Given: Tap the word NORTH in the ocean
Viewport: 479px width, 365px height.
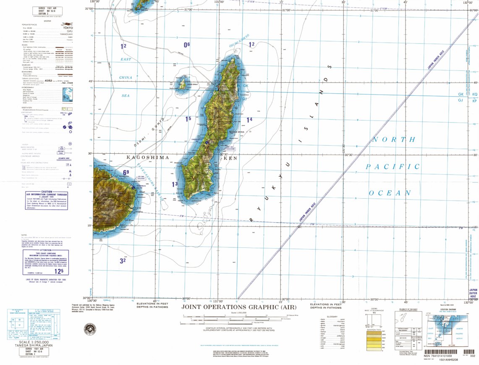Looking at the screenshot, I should (x=394, y=140).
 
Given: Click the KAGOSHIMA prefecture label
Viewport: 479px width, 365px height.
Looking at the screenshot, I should (x=148, y=158).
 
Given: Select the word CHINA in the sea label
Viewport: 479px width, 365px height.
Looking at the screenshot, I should (x=125, y=78).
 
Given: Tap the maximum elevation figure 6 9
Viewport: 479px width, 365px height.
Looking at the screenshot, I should (x=126, y=172).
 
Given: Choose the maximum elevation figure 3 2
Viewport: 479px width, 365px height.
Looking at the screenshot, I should (x=123, y=261).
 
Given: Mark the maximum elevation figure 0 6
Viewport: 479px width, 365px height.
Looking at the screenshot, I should (x=187, y=45).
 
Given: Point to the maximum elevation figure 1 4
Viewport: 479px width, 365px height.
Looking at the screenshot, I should (x=249, y=120).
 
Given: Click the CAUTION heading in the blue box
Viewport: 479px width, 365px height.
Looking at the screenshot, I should (x=47, y=192).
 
